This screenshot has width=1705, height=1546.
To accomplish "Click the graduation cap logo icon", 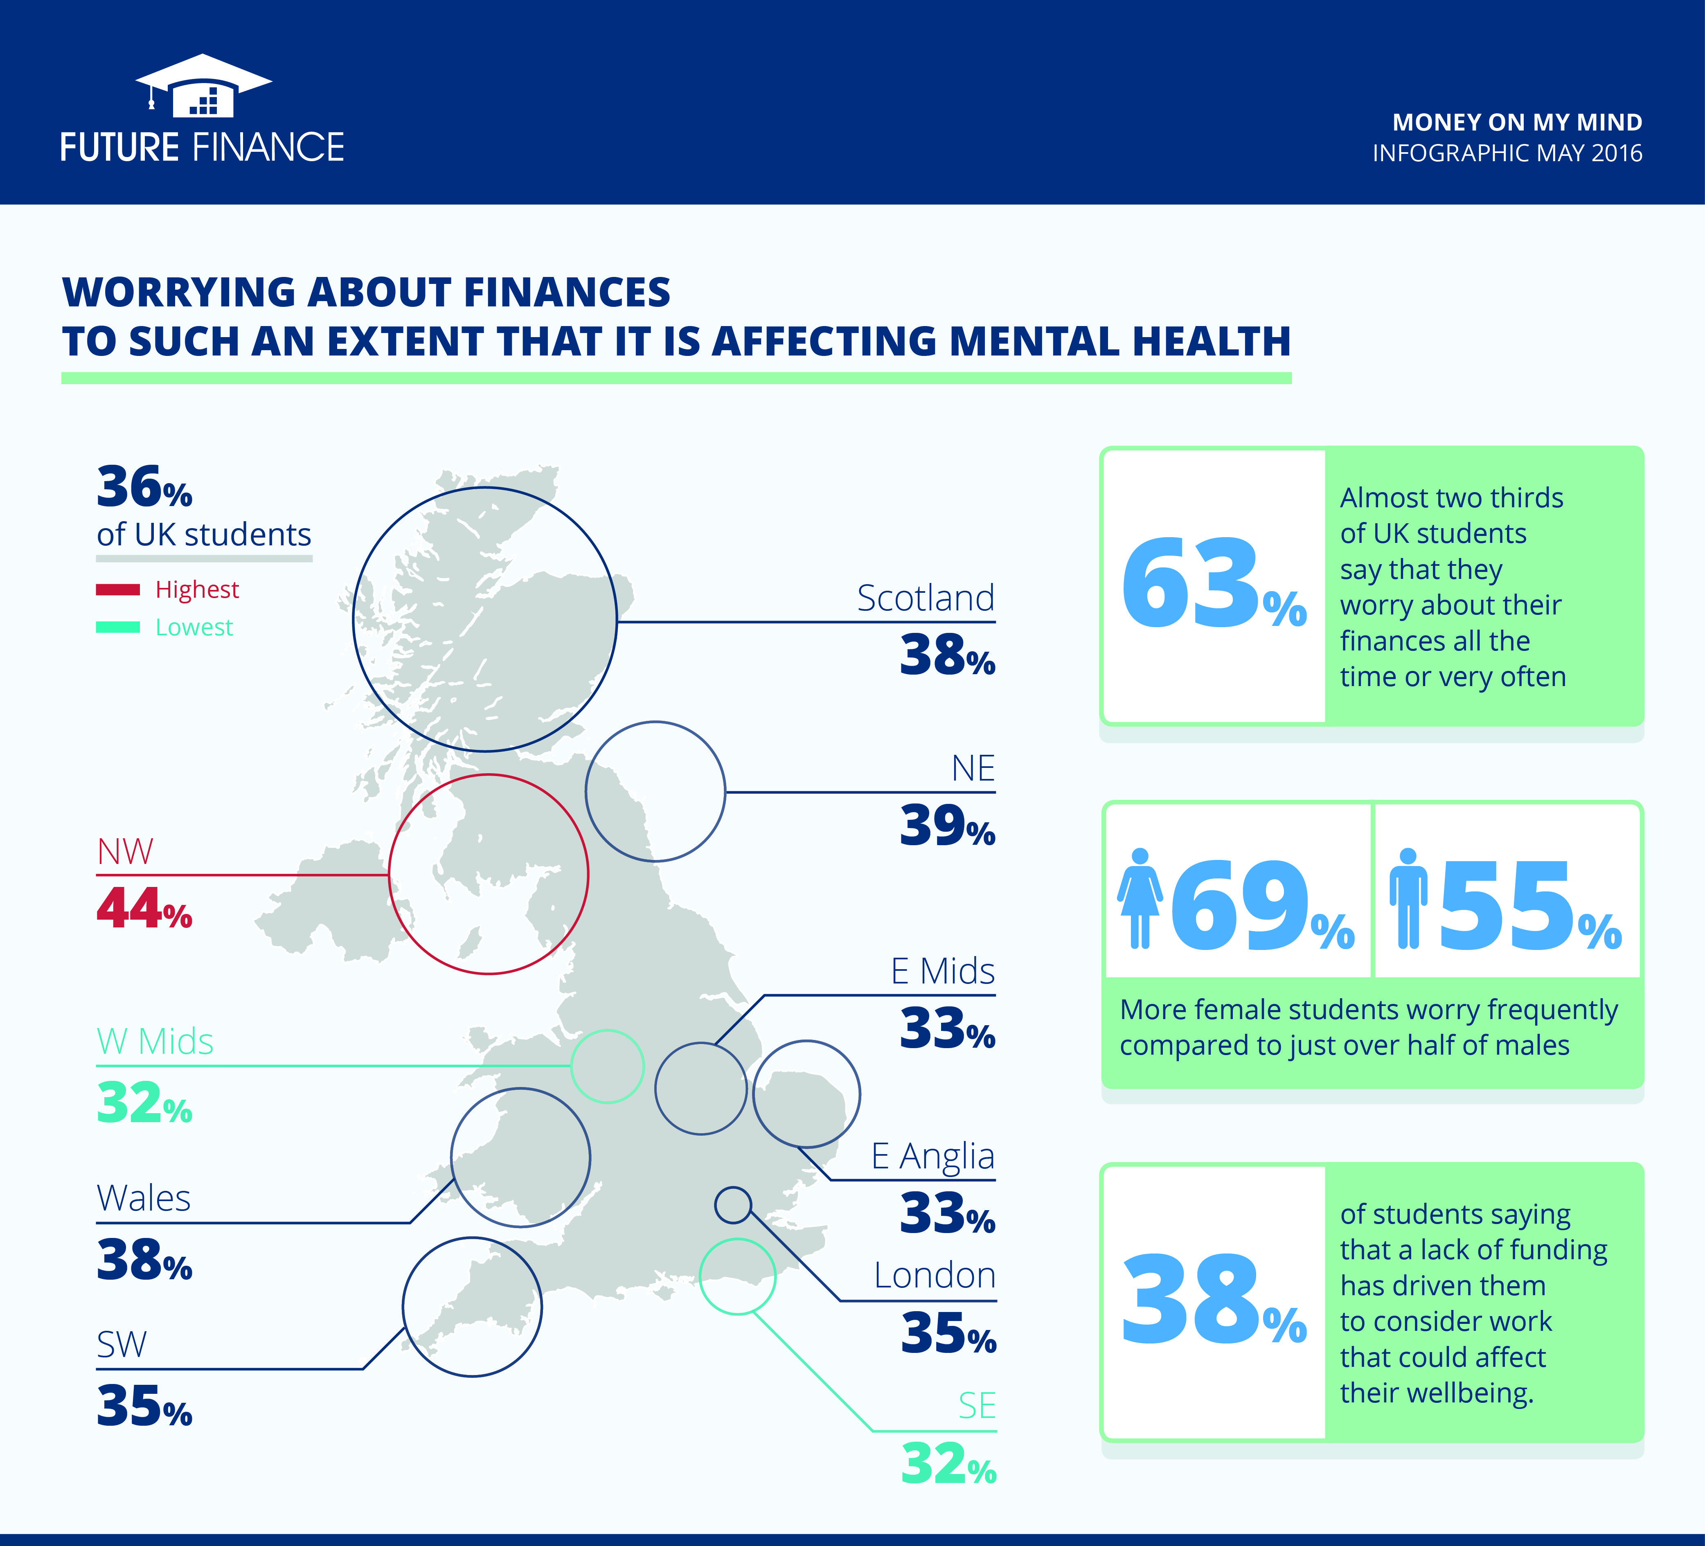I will coord(203,86).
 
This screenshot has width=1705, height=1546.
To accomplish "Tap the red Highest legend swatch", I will coord(117,590).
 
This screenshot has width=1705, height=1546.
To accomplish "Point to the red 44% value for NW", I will coord(144,909).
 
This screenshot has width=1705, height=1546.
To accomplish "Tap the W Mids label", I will coord(155,1041).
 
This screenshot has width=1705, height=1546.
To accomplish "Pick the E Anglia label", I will coord(933,1156).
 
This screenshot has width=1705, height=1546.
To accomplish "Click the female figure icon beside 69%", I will coord(1140,898).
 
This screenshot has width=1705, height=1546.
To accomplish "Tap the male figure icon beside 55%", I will coord(1407,898).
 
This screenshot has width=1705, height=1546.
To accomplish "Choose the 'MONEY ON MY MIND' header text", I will coord(1517,123).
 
